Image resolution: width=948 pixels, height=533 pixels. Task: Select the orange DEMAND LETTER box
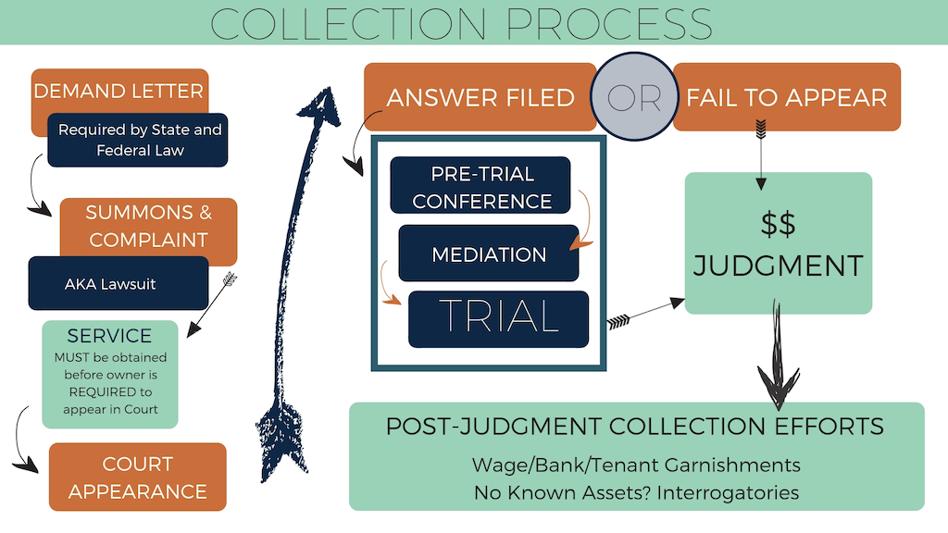[x=118, y=91]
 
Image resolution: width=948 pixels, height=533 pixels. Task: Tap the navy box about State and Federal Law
[x=139, y=140]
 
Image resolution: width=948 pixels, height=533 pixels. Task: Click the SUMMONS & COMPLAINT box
[x=148, y=225]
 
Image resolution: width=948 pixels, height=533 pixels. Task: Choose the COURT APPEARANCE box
[x=137, y=477]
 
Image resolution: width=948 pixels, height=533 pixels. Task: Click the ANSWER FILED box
[x=480, y=97]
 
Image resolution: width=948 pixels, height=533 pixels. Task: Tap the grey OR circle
[x=634, y=97]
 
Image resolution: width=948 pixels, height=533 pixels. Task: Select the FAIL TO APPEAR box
[x=786, y=97]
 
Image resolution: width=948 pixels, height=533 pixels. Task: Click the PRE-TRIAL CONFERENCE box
[x=480, y=186]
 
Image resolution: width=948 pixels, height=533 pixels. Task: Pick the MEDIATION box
[x=488, y=253]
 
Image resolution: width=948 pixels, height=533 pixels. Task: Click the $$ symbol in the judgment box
[x=778, y=223]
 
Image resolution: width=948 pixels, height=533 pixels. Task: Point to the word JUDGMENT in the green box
[x=778, y=266]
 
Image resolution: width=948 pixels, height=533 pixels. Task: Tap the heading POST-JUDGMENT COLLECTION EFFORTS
[x=635, y=427]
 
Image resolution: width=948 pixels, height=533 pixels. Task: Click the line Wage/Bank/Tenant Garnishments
[x=636, y=464]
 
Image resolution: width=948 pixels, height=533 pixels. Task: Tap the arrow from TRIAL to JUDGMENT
[x=644, y=312]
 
